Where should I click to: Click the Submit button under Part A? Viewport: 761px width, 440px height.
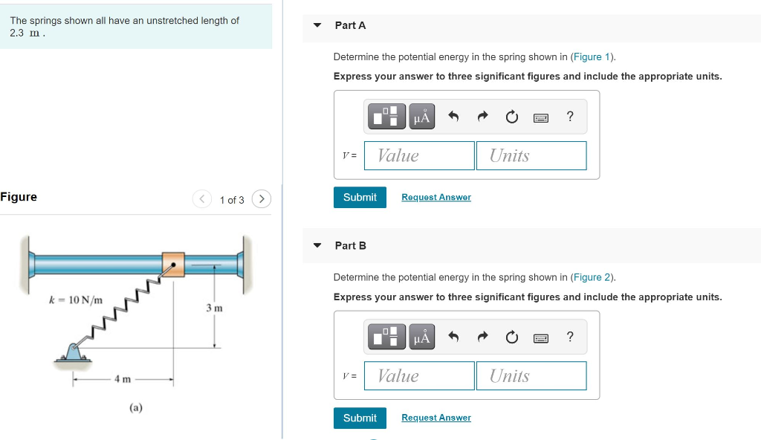tap(360, 197)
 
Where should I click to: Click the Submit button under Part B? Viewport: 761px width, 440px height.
tap(360, 418)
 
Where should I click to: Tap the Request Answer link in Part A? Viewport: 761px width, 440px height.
tap(435, 197)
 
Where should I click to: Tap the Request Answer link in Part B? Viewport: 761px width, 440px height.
tap(435, 418)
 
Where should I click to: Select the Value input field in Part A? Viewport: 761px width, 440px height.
tap(420, 155)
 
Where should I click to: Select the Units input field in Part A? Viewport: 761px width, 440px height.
tap(531, 155)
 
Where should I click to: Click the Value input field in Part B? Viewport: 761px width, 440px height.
tap(420, 376)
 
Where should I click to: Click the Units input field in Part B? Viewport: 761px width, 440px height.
tap(531, 376)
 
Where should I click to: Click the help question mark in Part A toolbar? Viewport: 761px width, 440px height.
tap(570, 117)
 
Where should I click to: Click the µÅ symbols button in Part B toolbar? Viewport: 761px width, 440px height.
tap(421, 337)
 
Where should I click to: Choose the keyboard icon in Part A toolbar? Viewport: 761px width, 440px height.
tap(542, 117)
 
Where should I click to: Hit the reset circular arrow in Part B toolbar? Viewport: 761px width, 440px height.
tap(511, 337)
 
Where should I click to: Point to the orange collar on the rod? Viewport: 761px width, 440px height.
tap(173, 264)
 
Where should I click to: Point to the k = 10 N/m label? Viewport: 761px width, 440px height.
tap(76, 300)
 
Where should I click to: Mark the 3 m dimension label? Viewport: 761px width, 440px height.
tap(214, 308)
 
